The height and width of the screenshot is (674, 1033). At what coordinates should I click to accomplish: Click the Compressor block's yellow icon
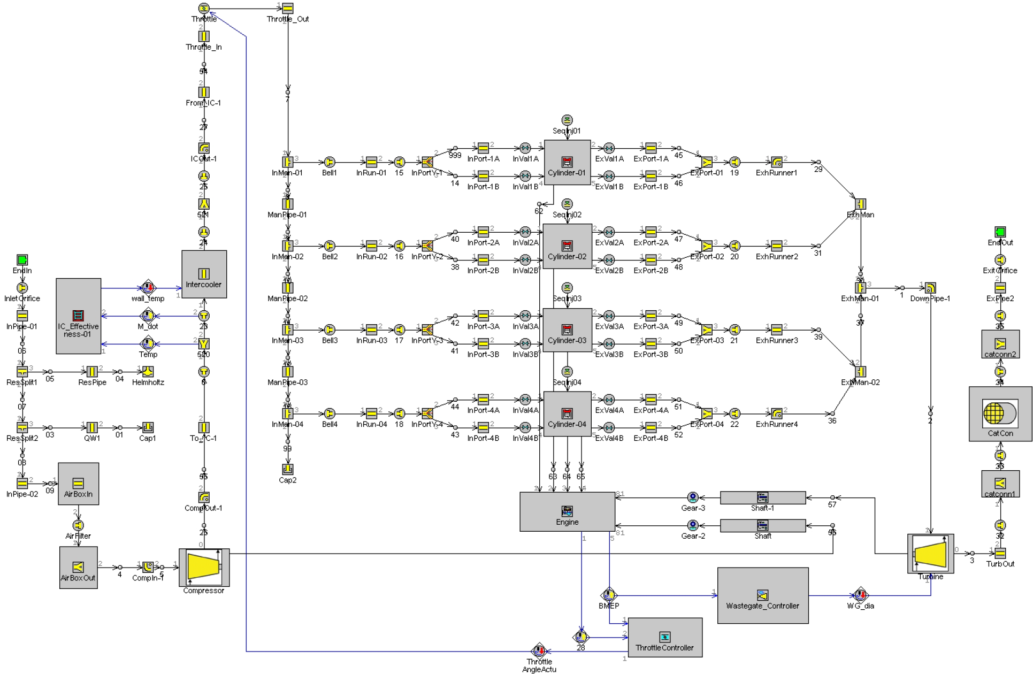point(203,567)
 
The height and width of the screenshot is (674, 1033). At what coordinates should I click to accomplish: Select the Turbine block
point(930,553)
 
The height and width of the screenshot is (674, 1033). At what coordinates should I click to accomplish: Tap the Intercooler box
point(204,274)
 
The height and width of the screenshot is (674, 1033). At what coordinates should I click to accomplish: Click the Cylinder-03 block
point(567,330)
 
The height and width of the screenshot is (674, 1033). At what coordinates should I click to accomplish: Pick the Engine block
point(567,511)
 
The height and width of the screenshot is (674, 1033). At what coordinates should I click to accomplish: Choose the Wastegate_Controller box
point(762,595)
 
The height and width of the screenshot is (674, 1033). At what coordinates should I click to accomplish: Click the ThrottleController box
point(664,637)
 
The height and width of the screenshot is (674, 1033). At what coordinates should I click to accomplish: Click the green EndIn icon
point(22,260)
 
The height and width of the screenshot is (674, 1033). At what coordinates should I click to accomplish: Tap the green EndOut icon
point(1000,232)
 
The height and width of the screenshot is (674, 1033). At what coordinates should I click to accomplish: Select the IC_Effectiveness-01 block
point(78,316)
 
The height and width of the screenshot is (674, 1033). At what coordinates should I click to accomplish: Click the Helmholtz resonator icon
point(148,372)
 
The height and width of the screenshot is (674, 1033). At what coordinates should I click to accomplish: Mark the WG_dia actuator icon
point(860,595)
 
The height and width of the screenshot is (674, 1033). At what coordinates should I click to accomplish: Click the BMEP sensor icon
point(609,595)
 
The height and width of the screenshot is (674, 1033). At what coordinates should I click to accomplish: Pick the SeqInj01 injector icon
point(567,120)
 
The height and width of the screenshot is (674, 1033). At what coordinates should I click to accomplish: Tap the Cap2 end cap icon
point(288,469)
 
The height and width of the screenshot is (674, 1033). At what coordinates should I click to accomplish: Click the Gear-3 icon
point(693,497)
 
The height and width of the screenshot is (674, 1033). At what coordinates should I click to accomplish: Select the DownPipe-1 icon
point(930,288)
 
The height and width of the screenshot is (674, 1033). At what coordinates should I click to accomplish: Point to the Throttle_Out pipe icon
point(288,9)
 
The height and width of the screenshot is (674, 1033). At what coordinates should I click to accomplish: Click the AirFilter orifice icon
point(78,525)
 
